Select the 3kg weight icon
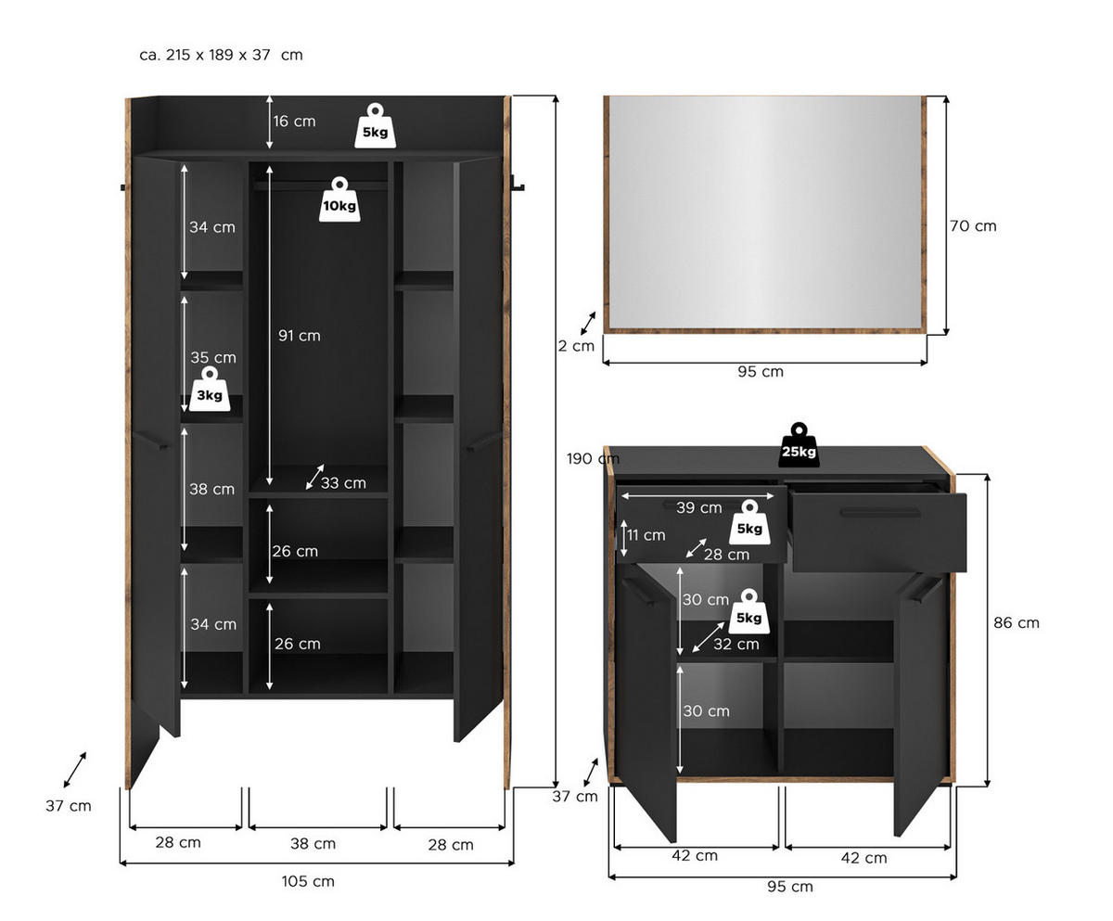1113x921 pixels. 210,390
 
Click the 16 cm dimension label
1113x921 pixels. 294,122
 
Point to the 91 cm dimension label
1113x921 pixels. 300,336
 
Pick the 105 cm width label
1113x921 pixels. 308,881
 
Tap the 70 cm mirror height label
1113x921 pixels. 973,225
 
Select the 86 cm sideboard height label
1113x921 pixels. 1017,622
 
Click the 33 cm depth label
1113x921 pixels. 343,482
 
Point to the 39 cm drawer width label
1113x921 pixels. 698,507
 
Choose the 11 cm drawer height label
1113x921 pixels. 646,535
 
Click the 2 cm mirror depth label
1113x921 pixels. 576,346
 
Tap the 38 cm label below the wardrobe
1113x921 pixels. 313,843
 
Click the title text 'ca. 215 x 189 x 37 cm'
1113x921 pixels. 221,55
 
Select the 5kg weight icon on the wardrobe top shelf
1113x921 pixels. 375,127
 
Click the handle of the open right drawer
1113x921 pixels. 880,512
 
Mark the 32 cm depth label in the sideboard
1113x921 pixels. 736,644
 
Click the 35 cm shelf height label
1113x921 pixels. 213,357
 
